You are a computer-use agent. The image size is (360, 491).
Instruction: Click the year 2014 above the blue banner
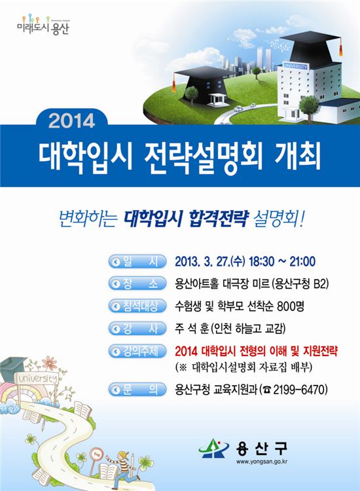coord(72,121)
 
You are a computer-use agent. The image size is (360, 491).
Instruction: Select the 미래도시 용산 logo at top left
coord(43,25)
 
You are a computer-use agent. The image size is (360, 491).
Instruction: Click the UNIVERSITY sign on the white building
coord(295,66)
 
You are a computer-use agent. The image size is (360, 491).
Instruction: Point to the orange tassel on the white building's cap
coord(340,50)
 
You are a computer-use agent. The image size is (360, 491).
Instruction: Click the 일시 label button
coord(137,261)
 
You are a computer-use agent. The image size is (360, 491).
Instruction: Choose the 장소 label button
coord(137,283)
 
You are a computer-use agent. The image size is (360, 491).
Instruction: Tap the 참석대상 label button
coord(137,306)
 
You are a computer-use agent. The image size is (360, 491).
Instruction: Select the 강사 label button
coord(137,329)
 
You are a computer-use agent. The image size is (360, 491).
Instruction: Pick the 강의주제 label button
coord(137,351)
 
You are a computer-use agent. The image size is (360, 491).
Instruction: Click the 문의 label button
coord(137,390)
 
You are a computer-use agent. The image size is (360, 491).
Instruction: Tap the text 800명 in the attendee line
coord(291,306)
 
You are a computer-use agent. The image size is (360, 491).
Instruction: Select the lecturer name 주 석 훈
coord(191,329)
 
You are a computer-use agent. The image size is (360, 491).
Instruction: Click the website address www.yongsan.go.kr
coord(262,462)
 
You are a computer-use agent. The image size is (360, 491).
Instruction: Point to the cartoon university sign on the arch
coord(37,378)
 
